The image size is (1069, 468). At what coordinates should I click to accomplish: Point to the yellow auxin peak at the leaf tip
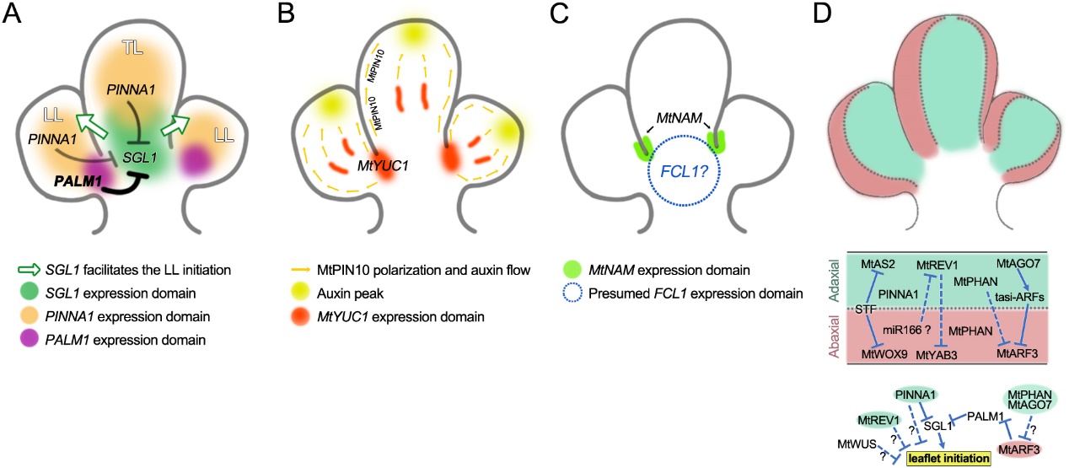pyautogui.click(x=413, y=34)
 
